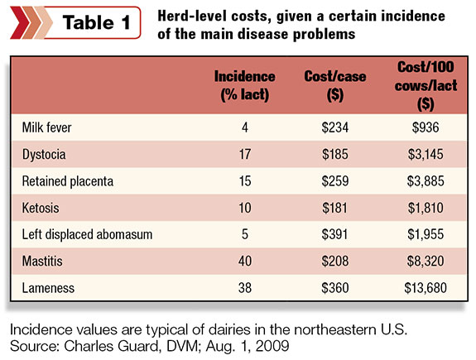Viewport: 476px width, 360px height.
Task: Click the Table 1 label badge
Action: (75, 23)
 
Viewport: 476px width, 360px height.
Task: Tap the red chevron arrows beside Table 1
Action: (31, 23)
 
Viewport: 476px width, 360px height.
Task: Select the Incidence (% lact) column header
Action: (245, 85)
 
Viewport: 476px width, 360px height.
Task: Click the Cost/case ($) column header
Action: (334, 85)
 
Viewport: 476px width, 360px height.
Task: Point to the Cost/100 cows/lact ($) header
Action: (426, 85)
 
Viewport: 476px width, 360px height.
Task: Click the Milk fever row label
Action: (46, 127)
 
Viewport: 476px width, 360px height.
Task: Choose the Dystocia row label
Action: (44, 155)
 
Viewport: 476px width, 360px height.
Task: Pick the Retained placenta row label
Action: (68, 181)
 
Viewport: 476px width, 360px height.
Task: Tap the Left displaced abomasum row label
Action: (87, 235)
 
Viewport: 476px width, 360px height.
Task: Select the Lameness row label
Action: (48, 288)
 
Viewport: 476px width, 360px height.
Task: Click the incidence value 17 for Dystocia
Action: (245, 154)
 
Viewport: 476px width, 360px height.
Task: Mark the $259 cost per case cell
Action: (335, 181)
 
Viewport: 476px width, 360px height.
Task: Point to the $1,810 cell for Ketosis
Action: (426, 208)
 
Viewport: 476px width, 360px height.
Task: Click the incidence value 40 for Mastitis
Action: (245, 261)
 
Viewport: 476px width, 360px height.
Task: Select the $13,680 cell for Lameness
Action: (426, 288)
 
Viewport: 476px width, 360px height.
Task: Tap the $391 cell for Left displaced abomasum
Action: (334, 234)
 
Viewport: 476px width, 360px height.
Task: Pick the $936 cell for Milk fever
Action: (426, 127)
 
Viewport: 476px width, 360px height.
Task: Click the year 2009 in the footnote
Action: (272, 346)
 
